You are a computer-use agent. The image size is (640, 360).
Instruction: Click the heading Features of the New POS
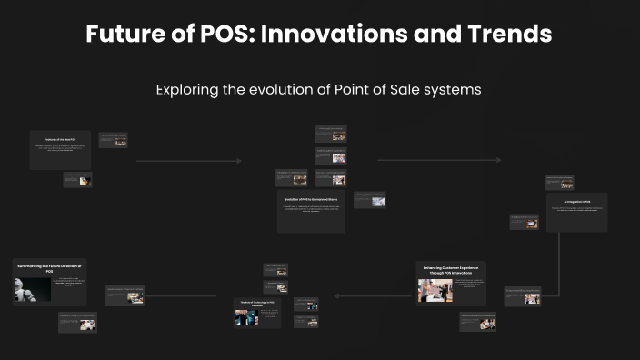pos(60,139)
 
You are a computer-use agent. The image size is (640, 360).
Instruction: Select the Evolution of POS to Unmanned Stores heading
pos(311,198)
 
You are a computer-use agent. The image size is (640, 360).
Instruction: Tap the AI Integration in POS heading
pos(576,201)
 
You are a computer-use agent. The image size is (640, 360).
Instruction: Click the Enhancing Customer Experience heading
pos(451,270)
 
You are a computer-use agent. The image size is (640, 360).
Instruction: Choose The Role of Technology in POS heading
pos(258,302)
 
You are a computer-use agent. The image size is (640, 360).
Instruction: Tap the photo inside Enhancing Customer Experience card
pos(435,290)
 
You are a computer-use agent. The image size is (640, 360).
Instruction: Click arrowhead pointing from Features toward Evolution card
pos(239,161)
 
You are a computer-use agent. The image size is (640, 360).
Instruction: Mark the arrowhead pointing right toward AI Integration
pos(498,161)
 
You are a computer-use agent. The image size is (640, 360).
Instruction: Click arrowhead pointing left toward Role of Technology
pos(336,295)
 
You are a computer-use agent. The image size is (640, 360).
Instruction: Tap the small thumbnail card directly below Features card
pos(76,180)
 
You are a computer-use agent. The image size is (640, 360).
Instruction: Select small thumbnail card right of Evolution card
pos(369,200)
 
